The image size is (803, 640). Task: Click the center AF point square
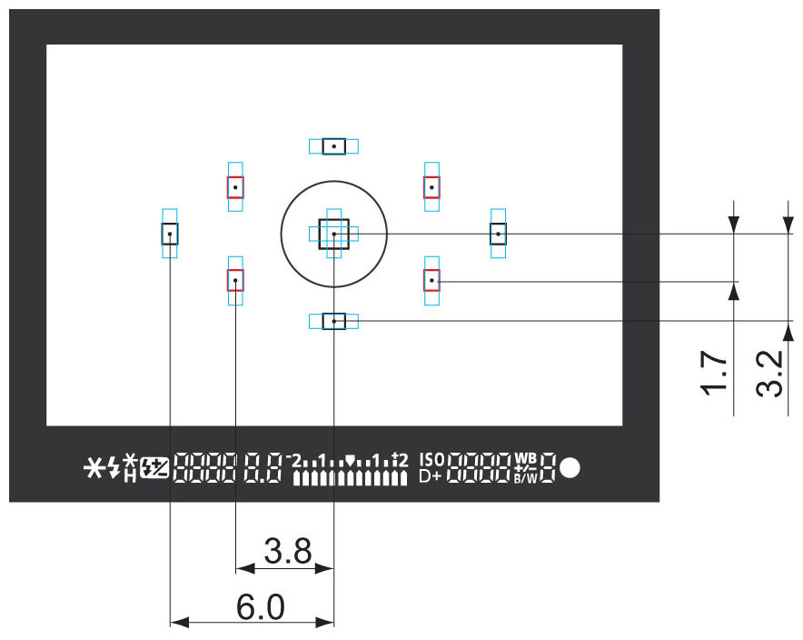pyautogui.click(x=334, y=234)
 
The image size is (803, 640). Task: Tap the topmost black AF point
pyautogui.click(x=334, y=145)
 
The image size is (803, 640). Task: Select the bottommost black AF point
pyautogui.click(x=334, y=321)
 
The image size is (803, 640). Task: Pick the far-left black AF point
pyautogui.click(x=170, y=234)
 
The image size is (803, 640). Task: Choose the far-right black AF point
pyautogui.click(x=498, y=234)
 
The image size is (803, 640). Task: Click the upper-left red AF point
pyautogui.click(x=235, y=186)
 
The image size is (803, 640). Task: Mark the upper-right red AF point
pyautogui.click(x=432, y=186)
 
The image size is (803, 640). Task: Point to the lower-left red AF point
pyautogui.click(x=235, y=280)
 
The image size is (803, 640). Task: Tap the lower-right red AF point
pyautogui.click(x=432, y=280)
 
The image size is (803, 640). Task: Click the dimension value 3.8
pyautogui.click(x=287, y=550)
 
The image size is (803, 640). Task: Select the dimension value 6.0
pyautogui.click(x=261, y=606)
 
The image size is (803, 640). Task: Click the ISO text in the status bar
pyautogui.click(x=432, y=459)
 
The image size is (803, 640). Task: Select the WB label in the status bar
pyautogui.click(x=526, y=458)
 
